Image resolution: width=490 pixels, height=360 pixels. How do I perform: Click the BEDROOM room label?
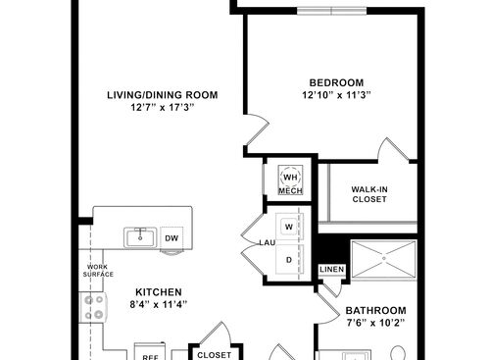[336, 82]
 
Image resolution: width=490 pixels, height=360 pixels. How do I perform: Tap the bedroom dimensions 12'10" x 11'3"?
[336, 95]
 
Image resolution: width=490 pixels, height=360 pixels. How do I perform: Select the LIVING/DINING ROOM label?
[162, 95]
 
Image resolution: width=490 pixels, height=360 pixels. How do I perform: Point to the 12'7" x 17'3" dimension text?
[162, 108]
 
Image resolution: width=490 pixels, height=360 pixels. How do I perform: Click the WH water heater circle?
[290, 177]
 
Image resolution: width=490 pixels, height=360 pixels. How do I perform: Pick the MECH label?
[290, 191]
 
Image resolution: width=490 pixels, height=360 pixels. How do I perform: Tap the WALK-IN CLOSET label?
[368, 193]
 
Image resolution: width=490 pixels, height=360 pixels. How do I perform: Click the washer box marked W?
[289, 228]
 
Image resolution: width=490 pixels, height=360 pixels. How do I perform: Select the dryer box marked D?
[289, 259]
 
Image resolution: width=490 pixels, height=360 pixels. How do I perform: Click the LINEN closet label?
[331, 269]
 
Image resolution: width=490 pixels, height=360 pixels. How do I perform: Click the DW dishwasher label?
[171, 237]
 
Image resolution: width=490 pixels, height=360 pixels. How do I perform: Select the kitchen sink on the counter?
[141, 237]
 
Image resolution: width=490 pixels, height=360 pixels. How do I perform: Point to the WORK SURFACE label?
[100, 271]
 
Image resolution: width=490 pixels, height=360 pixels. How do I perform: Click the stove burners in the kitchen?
[95, 314]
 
